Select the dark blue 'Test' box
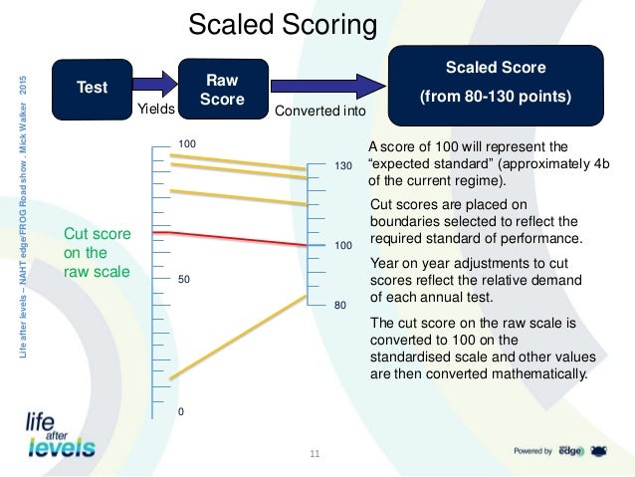coord(94,88)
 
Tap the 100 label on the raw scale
coord(186,145)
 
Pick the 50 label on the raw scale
coord(183,282)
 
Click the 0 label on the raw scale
coord(181,410)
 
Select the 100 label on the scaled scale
coord(341,244)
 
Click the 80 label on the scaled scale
coord(339,306)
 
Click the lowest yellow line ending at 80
coord(239,341)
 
